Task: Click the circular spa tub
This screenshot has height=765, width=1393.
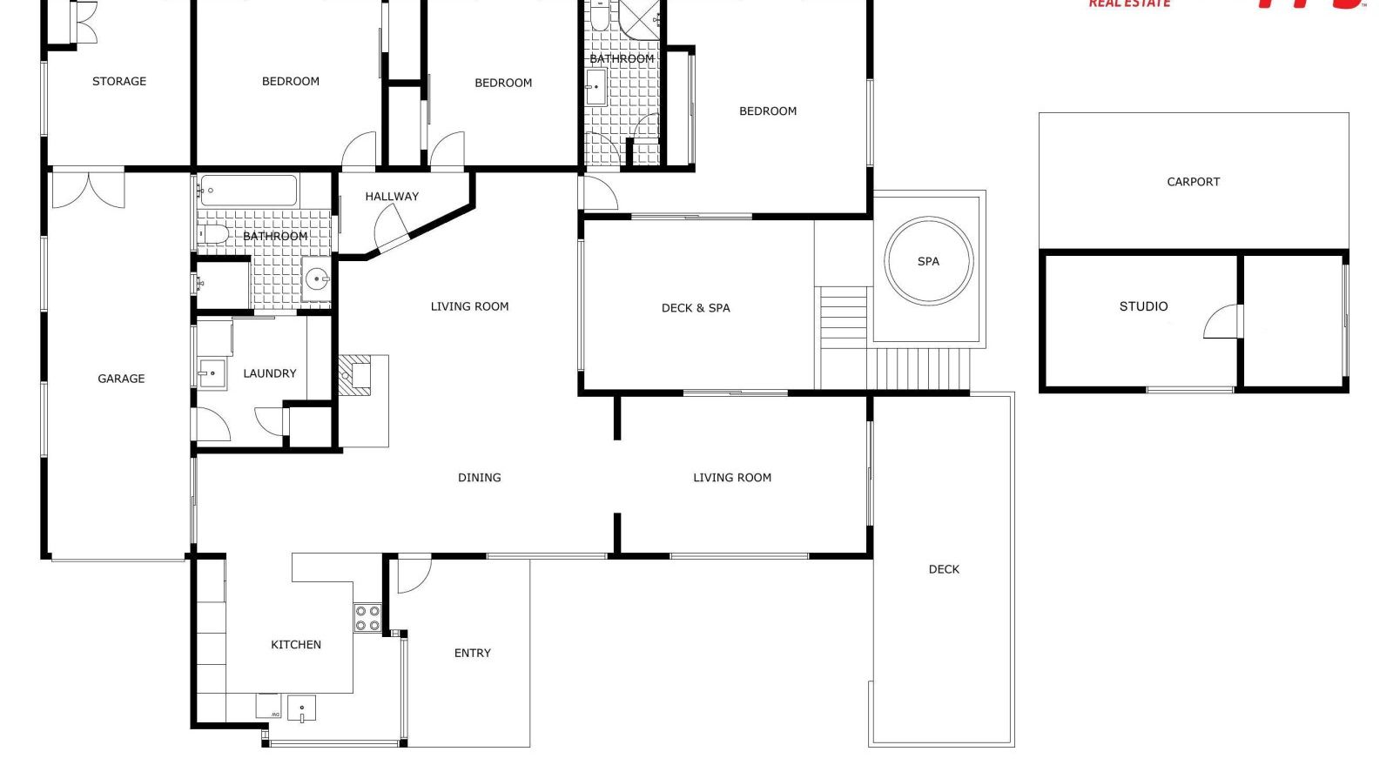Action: pyautogui.click(x=928, y=260)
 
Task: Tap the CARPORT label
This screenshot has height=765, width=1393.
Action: pyautogui.click(x=1193, y=182)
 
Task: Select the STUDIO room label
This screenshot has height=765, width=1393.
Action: pyautogui.click(x=1143, y=306)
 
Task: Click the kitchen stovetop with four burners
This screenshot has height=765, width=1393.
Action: pyautogui.click(x=367, y=618)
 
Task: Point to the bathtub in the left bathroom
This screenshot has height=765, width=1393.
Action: pyautogui.click(x=248, y=191)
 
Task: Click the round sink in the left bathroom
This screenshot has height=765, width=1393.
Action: pyautogui.click(x=317, y=279)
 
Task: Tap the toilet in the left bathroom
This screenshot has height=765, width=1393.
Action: pyautogui.click(x=213, y=234)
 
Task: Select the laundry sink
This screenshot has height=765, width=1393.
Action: pyautogui.click(x=212, y=374)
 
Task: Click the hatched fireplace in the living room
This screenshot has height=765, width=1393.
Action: pyautogui.click(x=354, y=375)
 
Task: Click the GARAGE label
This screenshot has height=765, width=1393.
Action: pyautogui.click(x=121, y=379)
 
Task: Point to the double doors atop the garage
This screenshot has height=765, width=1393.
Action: pyautogui.click(x=88, y=191)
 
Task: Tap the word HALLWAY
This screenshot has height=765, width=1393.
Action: pyautogui.click(x=392, y=197)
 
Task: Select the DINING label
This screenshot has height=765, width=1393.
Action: pyautogui.click(x=479, y=478)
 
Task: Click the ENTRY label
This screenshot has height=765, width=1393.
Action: pyautogui.click(x=472, y=653)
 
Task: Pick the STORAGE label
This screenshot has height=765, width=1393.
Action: pyautogui.click(x=119, y=81)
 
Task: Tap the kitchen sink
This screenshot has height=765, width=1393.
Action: pyautogui.click(x=301, y=708)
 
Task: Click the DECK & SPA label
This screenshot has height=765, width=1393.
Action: pyautogui.click(x=696, y=308)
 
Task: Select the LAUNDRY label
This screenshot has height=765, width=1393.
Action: pyautogui.click(x=269, y=373)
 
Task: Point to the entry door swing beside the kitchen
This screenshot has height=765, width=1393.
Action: pyautogui.click(x=413, y=574)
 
